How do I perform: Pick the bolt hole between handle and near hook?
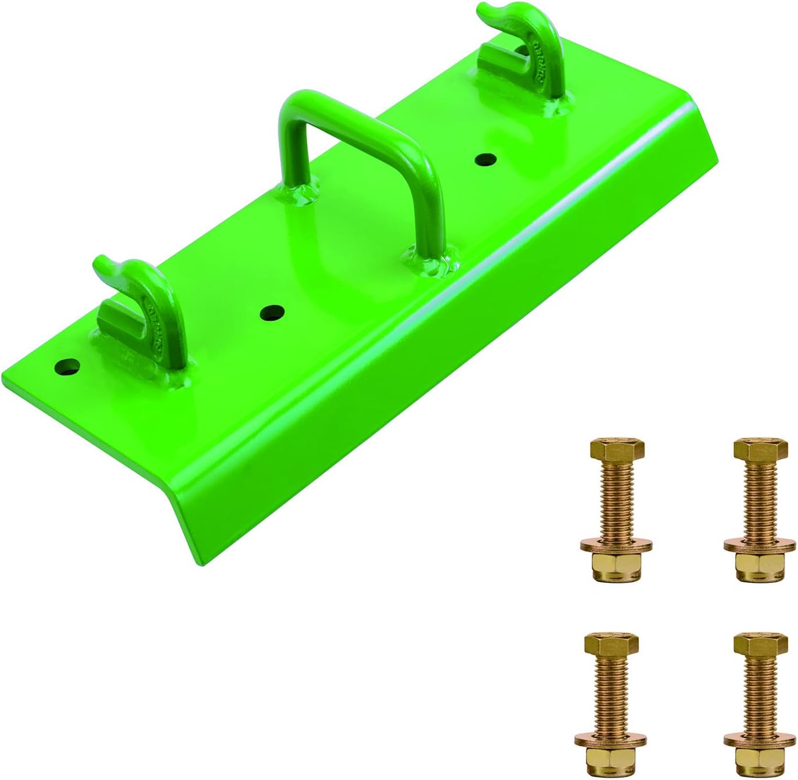271,313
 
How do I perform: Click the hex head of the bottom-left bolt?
611,643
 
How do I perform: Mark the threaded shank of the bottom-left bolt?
609,692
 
